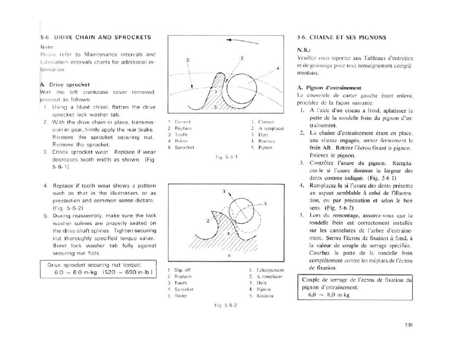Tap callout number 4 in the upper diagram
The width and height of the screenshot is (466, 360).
[279, 68]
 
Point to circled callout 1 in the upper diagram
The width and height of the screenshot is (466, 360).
[241, 59]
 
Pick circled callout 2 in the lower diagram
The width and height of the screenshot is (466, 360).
[208, 221]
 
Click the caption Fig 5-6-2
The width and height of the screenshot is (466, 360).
[226, 305]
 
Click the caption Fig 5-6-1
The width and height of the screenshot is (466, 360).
[226, 157]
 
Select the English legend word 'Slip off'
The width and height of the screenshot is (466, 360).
[182, 270]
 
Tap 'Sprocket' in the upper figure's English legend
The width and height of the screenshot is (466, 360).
[184, 147]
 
